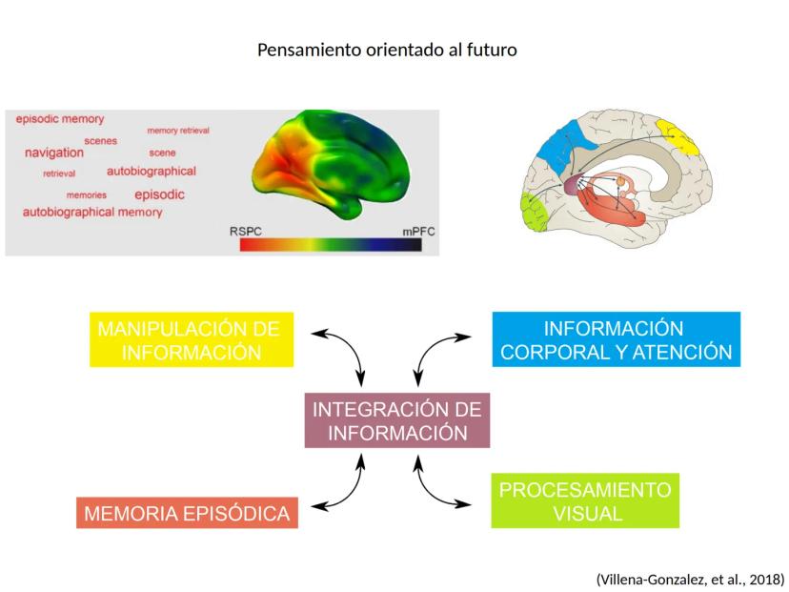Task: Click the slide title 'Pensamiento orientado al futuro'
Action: [387, 50]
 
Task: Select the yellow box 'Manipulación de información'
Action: [189, 340]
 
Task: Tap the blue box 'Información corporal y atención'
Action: [616, 340]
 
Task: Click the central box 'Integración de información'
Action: [396, 421]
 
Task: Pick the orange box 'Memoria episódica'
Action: [187, 514]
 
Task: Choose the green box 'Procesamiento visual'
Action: [585, 502]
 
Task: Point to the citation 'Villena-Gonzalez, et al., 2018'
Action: [690, 579]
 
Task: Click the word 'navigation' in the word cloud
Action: [54, 153]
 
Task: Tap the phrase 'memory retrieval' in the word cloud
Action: [178, 131]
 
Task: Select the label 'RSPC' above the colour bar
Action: [246, 232]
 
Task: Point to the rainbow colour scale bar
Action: [331, 245]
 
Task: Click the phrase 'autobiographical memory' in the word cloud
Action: [92, 212]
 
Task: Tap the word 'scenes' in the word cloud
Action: [100, 141]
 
